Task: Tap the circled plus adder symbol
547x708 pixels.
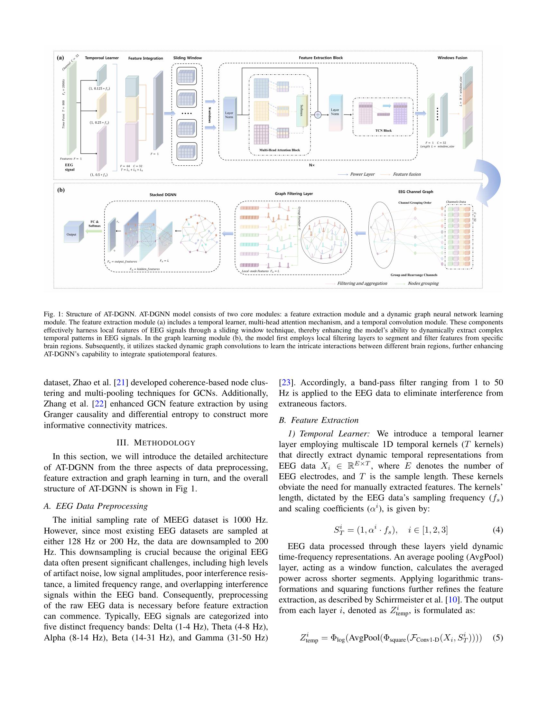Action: pyautogui.click(x=318, y=115)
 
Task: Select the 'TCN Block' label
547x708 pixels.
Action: pyautogui.click(x=383, y=131)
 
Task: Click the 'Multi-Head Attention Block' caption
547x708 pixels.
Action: pyautogui.click(x=279, y=150)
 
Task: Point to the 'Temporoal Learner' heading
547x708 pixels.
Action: pyautogui.click(x=102, y=58)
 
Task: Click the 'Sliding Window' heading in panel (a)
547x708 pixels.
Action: pyautogui.click(x=187, y=58)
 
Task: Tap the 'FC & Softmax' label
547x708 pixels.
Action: pyautogui.click(x=95, y=224)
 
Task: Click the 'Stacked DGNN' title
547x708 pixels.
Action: pyautogui.click(x=163, y=195)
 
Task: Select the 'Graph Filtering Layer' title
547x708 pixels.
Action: pyautogui.click(x=293, y=193)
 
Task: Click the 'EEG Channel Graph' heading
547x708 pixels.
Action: pyautogui.click(x=415, y=191)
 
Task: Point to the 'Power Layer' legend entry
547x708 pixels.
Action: pyautogui.click(x=362, y=174)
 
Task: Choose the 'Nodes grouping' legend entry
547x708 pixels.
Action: pyautogui.click(x=423, y=283)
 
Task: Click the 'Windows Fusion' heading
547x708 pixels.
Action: pyautogui.click(x=452, y=58)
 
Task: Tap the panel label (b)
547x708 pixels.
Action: pyautogui.click(x=61, y=190)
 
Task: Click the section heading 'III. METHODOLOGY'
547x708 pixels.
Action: pyautogui.click(x=156, y=443)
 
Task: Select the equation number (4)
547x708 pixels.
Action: pyautogui.click(x=497, y=530)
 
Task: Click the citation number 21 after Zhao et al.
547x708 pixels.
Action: pyautogui.click(x=121, y=383)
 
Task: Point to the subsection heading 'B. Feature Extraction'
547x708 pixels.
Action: pyautogui.click(x=319, y=420)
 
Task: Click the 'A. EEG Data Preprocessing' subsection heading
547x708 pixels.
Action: pyautogui.click(x=96, y=506)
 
